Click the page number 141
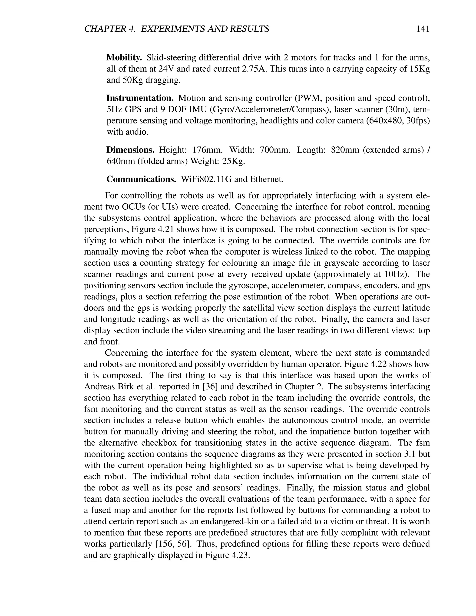tap(422, 29)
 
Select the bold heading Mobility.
tap(124, 58)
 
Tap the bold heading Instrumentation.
tap(140, 98)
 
